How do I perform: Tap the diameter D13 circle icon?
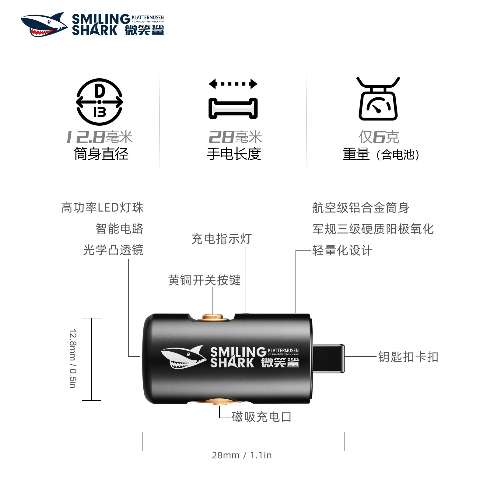click(99, 102)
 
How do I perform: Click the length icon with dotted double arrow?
click(233, 99)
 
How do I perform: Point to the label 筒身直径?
click(101, 154)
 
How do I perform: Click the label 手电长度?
click(234, 154)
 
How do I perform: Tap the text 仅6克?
click(379, 137)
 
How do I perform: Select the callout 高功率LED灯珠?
click(102, 208)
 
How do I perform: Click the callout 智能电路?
click(119, 229)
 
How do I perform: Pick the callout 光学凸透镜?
click(113, 250)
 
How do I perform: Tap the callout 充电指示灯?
click(222, 239)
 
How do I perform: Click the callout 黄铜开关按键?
click(204, 280)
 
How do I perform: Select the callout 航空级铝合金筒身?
click(361, 208)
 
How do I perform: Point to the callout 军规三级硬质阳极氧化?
click(373, 229)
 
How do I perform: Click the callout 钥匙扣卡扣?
click(408, 357)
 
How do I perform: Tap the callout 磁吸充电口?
click(261, 417)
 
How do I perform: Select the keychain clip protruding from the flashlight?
click(329, 358)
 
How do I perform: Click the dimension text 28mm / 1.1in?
click(242, 455)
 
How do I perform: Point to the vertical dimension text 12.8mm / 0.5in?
click(72, 359)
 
